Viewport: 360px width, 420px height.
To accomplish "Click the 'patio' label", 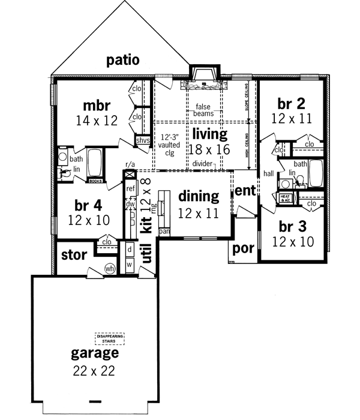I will (123, 60).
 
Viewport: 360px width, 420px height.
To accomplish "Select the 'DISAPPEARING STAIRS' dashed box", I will (109, 339).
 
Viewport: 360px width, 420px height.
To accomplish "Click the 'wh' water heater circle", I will (110, 268).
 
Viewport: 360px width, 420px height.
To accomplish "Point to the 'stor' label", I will (74, 255).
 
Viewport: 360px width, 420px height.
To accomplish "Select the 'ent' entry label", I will (244, 191).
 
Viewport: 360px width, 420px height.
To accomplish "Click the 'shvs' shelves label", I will (142, 140).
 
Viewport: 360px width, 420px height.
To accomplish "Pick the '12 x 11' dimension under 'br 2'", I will (291, 118).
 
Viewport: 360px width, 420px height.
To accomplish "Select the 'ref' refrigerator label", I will (131, 189).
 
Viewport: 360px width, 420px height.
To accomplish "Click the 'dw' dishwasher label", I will (131, 203).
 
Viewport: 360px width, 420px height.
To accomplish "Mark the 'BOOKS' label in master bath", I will (95, 179).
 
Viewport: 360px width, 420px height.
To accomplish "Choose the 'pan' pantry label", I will (163, 230).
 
